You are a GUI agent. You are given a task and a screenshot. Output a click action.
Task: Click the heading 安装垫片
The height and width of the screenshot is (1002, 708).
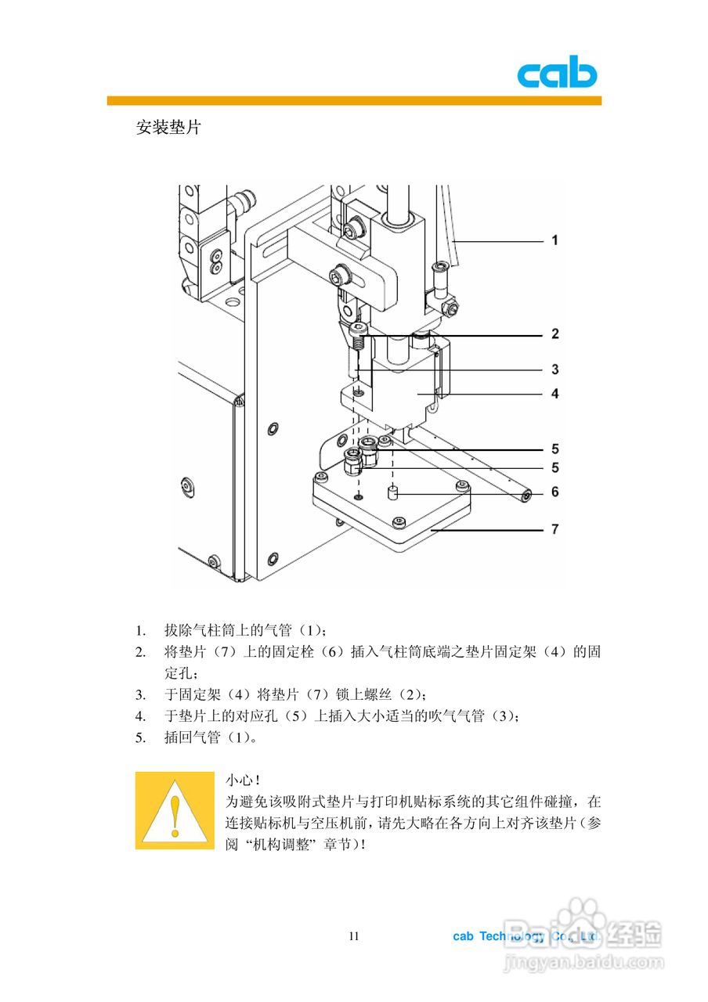pyautogui.click(x=168, y=127)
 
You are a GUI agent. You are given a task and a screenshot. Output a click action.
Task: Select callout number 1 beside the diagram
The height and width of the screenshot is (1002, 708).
pyautogui.click(x=555, y=240)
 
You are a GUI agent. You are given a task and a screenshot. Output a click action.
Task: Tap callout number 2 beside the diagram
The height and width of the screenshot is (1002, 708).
pyautogui.click(x=555, y=334)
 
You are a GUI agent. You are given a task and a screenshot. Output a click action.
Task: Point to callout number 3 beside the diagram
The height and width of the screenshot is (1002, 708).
pyautogui.click(x=555, y=369)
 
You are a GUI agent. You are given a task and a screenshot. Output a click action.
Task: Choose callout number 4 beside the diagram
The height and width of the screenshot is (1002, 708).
pyautogui.click(x=555, y=394)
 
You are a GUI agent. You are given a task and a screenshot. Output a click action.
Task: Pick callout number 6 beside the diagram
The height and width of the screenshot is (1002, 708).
pyautogui.click(x=555, y=492)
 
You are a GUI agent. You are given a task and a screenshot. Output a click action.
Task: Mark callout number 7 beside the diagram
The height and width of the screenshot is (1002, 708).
pyautogui.click(x=555, y=529)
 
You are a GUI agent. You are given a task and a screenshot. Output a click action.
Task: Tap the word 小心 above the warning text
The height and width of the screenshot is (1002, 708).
pyautogui.click(x=239, y=780)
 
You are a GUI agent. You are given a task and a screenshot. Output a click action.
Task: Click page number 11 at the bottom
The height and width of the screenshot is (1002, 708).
pyautogui.click(x=354, y=936)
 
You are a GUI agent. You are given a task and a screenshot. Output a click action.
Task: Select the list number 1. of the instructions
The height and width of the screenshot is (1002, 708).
pyautogui.click(x=140, y=630)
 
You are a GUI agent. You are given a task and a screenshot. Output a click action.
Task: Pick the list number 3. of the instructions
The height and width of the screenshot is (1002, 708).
pyautogui.click(x=140, y=694)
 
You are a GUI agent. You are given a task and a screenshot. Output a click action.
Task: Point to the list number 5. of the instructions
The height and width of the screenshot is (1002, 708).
pyautogui.click(x=140, y=737)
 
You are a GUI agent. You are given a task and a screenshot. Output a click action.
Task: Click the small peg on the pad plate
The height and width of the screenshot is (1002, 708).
pyautogui.click(x=394, y=495)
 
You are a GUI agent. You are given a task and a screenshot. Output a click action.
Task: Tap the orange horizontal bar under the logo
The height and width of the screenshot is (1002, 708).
pyautogui.click(x=354, y=101)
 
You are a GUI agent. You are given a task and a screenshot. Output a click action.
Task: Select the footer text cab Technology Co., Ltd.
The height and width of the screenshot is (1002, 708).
pyautogui.click(x=526, y=936)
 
